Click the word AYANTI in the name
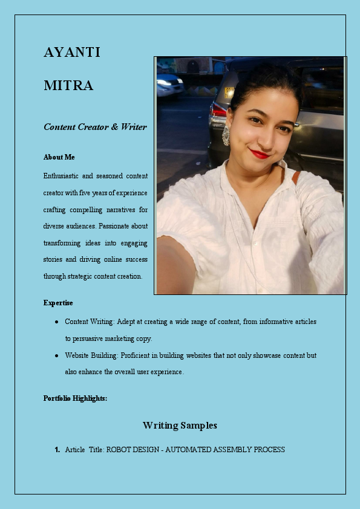[x=71, y=53]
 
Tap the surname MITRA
[x=68, y=86]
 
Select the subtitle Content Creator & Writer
[x=95, y=127]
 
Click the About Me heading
[x=59, y=157]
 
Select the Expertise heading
[x=58, y=303]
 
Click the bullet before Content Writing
[x=56, y=322]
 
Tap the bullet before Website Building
[x=56, y=355]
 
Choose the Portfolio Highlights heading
[x=76, y=398]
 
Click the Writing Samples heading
[x=180, y=426]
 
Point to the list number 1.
[x=57, y=450]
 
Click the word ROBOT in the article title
[x=118, y=450]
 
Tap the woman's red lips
[x=260, y=154]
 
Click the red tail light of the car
[x=218, y=111]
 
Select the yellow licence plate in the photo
[x=229, y=92]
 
